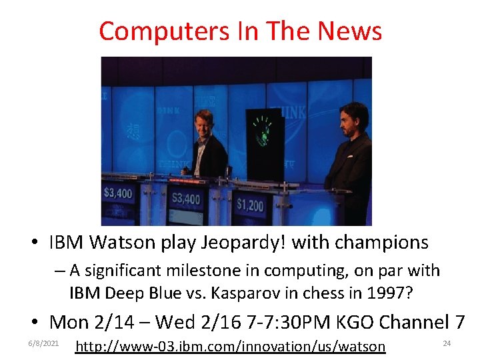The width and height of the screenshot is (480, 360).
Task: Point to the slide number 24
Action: (447, 343)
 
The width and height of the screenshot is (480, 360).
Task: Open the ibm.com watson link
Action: (231, 346)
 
